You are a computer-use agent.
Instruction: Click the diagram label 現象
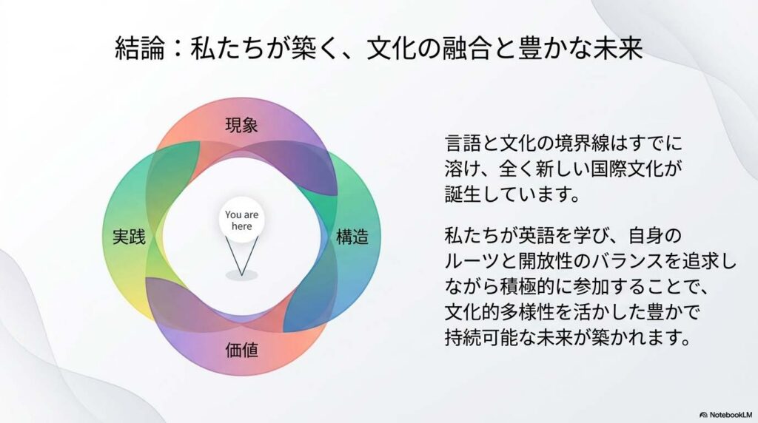(242, 126)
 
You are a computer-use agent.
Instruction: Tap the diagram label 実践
(129, 237)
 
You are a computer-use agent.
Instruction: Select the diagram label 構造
(352, 237)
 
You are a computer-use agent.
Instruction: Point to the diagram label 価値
(242, 350)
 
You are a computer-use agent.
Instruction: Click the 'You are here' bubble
(242, 220)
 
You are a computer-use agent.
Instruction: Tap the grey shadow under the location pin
(242, 276)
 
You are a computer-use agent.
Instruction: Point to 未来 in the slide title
(618, 49)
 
